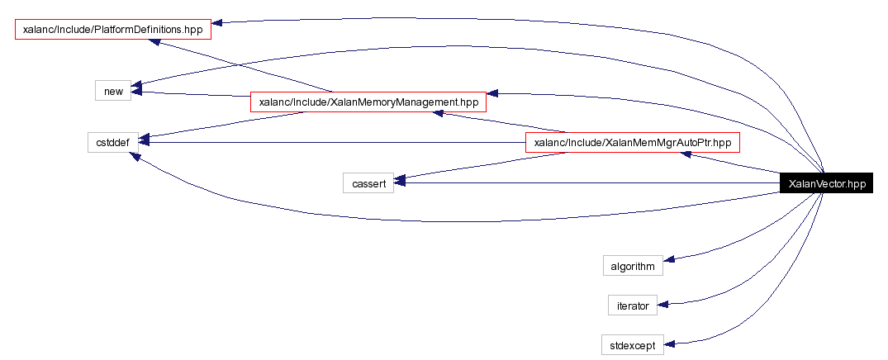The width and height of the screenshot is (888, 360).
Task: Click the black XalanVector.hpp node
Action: [826, 183]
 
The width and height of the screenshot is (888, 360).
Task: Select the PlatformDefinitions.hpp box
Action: [112, 30]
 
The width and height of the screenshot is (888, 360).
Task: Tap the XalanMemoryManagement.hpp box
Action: [368, 102]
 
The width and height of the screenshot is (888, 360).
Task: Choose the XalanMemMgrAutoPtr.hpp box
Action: [633, 143]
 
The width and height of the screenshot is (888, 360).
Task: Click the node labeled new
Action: [113, 91]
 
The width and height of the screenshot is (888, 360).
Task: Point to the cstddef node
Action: [112, 142]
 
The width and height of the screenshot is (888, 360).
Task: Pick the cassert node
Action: [368, 183]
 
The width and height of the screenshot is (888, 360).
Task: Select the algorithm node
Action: [633, 266]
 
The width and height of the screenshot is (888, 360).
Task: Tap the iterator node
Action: [633, 306]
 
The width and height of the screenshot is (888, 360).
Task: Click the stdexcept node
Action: [633, 344]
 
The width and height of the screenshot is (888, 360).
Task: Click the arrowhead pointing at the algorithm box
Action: [669, 259]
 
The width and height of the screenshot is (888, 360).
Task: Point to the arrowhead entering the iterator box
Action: [663, 305]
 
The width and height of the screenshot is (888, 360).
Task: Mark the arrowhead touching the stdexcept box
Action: [669, 344]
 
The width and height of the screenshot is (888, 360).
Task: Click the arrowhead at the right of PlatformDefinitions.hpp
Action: [217, 22]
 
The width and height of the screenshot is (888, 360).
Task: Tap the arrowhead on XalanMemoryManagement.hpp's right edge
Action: [492, 93]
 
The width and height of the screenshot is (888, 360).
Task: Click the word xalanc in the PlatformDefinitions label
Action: [34, 30]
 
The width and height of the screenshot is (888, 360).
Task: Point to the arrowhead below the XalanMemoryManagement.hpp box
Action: [438, 114]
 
